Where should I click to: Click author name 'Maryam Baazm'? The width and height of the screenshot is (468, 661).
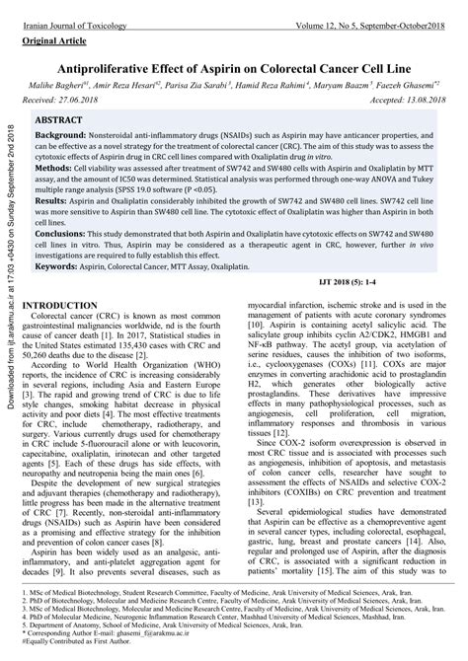(341, 87)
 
